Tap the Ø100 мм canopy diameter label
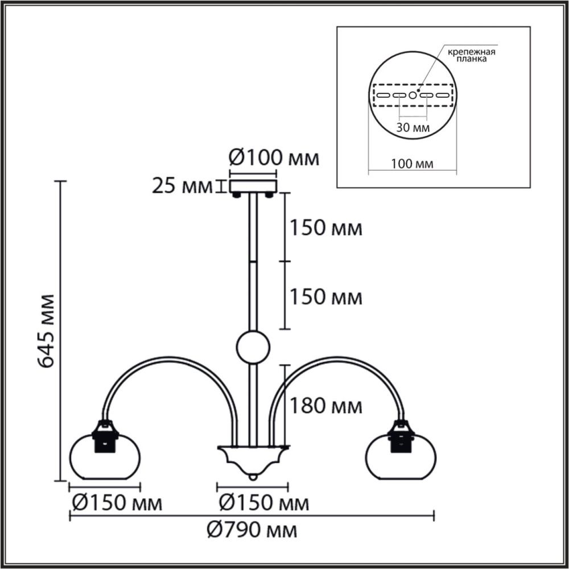[273, 158]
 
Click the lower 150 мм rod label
[325, 296]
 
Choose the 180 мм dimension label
[325, 406]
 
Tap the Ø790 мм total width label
[252, 530]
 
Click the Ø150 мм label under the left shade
[117, 503]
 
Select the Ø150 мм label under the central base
[264, 503]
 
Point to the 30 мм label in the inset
[413, 128]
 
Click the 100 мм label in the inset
[413, 164]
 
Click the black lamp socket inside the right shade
[400, 439]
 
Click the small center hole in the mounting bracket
[413, 95]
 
